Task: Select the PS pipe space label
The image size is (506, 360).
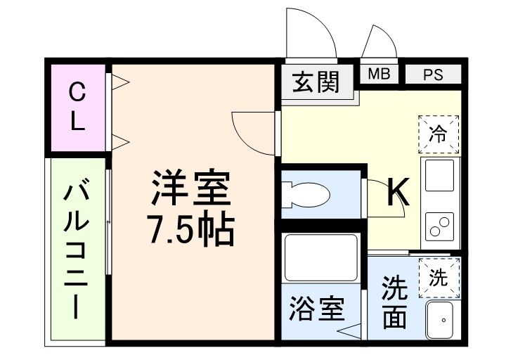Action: (x=433, y=75)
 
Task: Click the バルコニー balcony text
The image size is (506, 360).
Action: (x=77, y=250)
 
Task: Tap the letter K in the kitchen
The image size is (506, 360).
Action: (x=399, y=191)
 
